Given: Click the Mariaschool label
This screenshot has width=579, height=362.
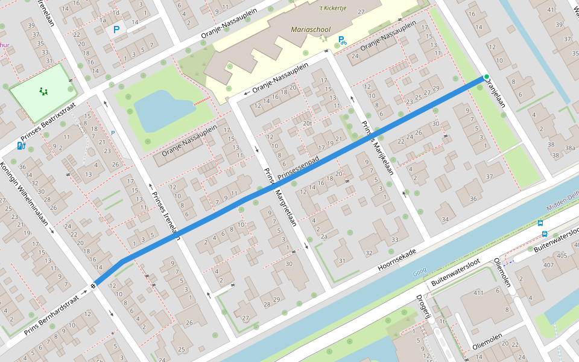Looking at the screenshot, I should point(310,29).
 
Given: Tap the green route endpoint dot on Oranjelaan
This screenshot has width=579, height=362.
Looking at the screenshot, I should point(486,77).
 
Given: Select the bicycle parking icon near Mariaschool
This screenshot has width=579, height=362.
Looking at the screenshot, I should point(342,40).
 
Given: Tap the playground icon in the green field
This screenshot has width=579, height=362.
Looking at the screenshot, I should point(43,91).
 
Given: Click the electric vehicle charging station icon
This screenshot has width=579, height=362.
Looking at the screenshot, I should point(21,145).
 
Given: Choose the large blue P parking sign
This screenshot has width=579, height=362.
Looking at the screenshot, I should point(116,29).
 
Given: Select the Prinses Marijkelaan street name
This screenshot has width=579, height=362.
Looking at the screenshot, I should point(377,148).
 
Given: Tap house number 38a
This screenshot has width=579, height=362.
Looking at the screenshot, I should point(569,148).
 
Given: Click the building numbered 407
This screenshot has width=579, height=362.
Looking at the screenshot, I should point(548,265).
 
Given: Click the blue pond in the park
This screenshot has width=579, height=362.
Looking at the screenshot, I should point(162,110).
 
